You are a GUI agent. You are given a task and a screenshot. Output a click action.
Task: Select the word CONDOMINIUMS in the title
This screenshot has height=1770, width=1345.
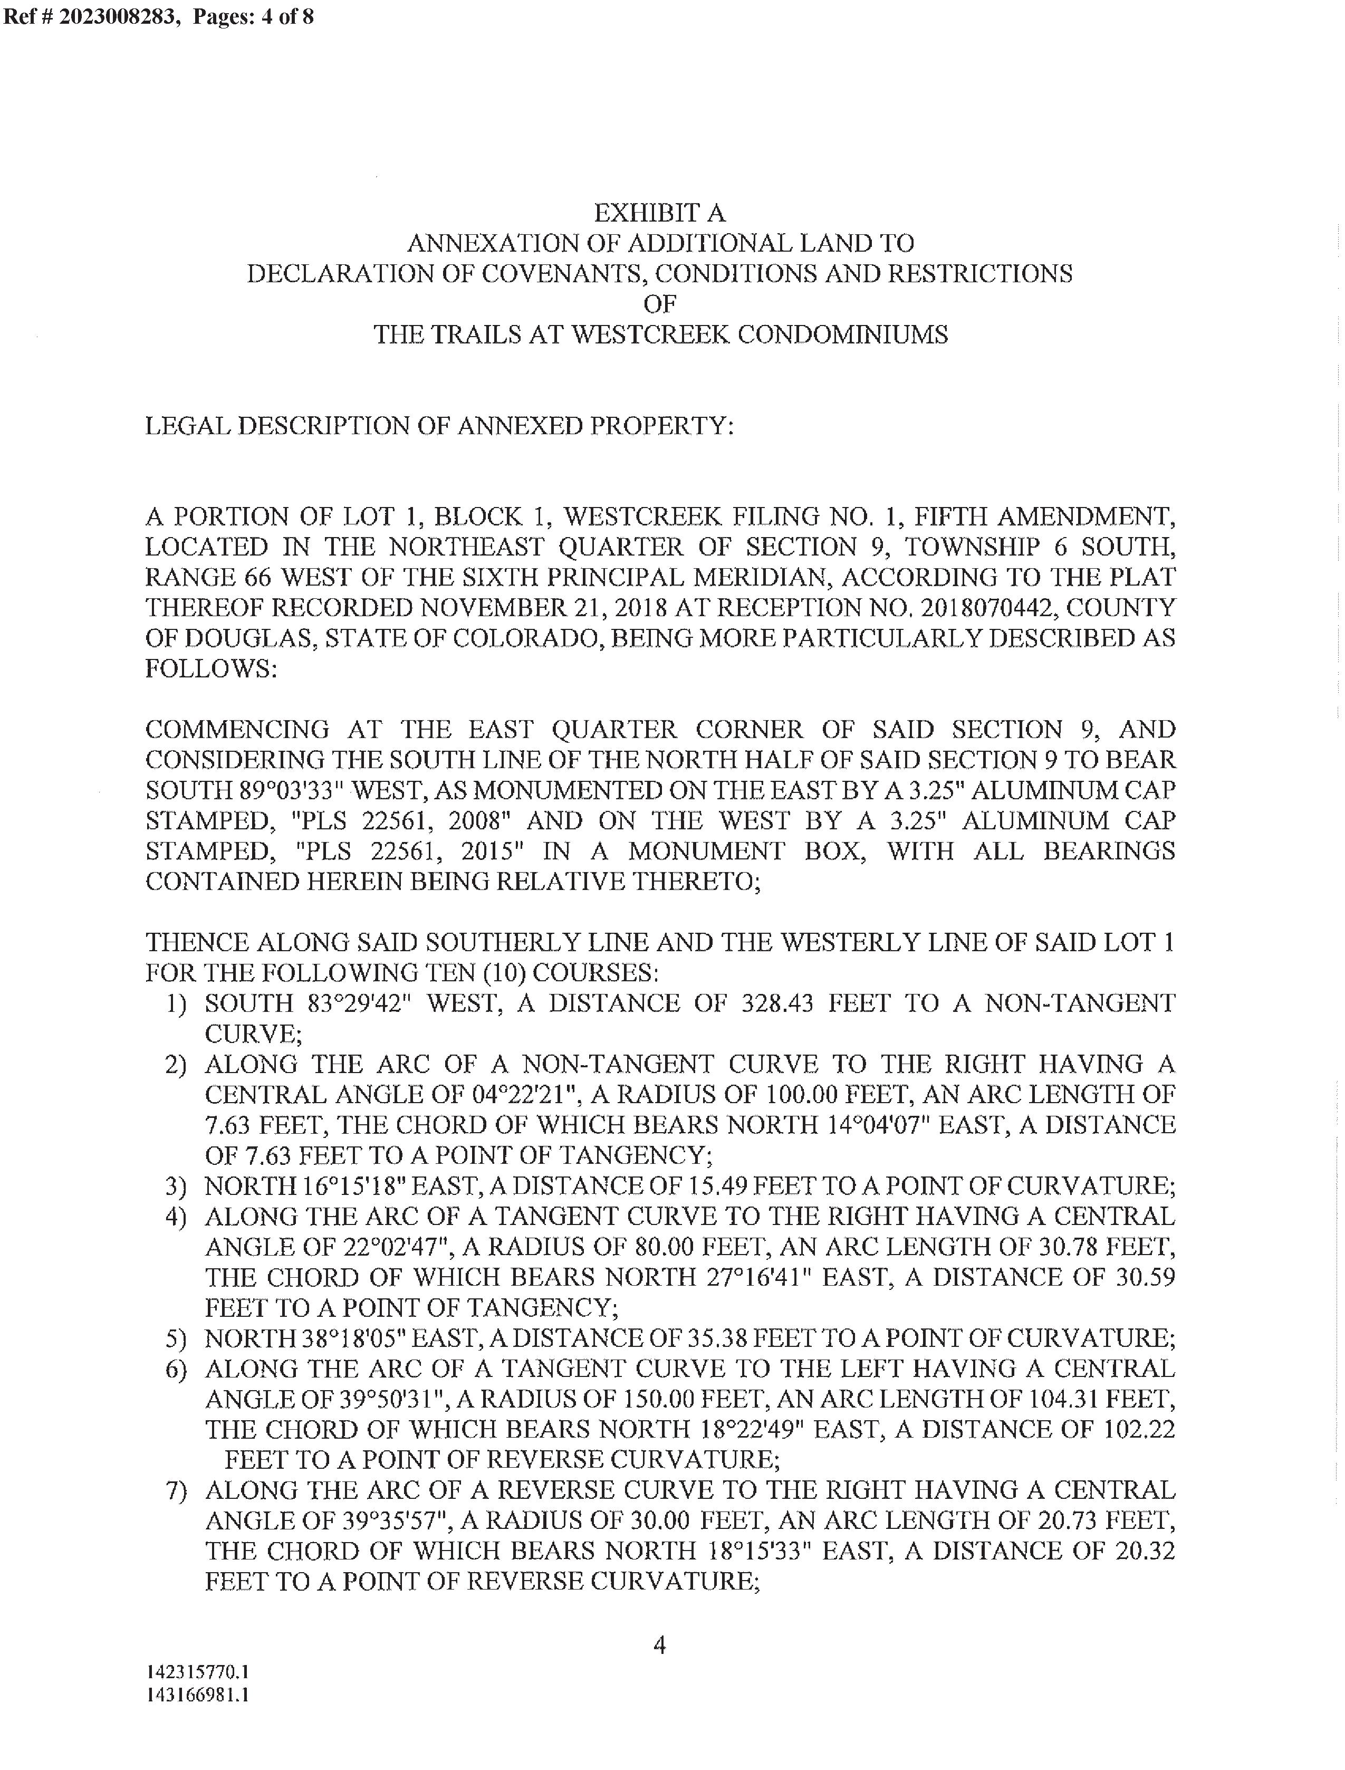coord(841,334)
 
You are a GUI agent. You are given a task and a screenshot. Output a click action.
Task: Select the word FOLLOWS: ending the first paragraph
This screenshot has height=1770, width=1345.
coord(210,668)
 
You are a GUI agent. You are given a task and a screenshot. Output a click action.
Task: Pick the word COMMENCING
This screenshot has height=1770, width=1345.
coord(237,729)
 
